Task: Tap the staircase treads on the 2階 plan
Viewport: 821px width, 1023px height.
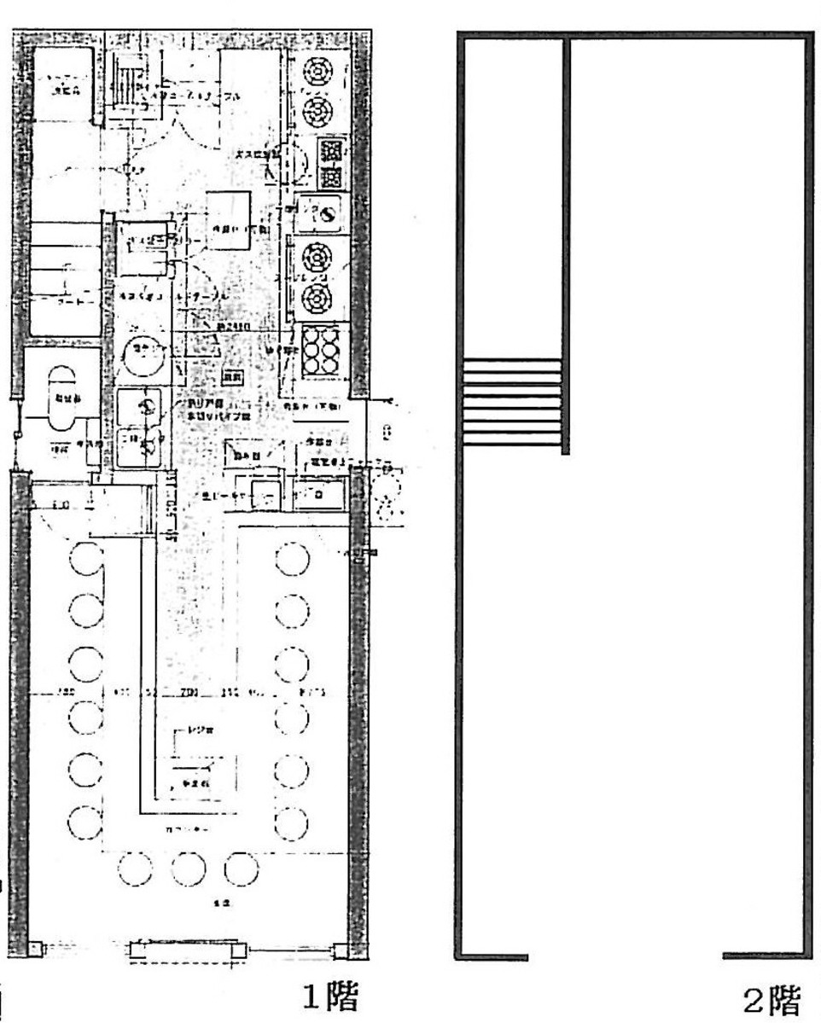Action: tap(512, 402)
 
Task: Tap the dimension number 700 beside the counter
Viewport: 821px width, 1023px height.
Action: tap(189, 692)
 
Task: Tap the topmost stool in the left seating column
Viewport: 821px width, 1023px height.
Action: tap(85, 561)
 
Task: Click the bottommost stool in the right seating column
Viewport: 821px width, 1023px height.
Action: tap(292, 821)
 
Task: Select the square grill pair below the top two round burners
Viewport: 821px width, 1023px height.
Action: tap(331, 164)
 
